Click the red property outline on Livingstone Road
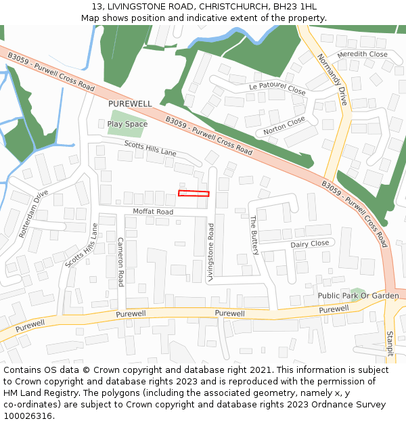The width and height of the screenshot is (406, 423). [194, 194]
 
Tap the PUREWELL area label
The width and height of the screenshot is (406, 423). [130, 104]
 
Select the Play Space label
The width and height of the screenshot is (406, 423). [127, 124]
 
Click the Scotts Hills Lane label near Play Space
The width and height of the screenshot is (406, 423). [150, 148]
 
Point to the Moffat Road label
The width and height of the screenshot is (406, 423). [153, 212]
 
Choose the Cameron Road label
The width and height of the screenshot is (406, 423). [120, 261]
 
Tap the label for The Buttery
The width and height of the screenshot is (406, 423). [254, 236]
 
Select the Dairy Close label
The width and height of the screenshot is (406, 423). [309, 244]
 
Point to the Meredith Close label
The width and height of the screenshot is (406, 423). [362, 54]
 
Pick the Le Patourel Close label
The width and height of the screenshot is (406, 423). [277, 88]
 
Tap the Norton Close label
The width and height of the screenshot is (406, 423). [284, 125]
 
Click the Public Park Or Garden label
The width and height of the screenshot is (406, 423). [359, 296]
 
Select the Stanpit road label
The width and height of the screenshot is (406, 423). [390, 343]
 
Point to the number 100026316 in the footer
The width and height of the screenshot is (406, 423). [29, 416]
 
